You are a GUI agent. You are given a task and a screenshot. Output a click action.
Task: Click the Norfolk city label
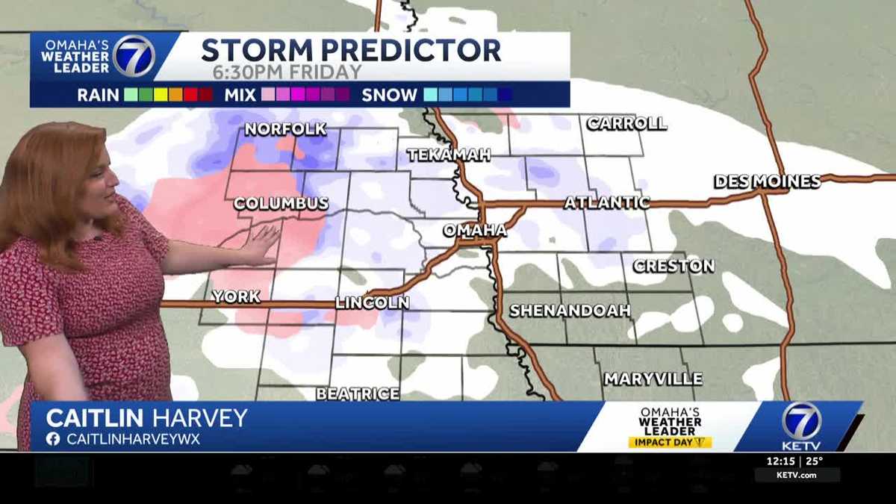[285, 129]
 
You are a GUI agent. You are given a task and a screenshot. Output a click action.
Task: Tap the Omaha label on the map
[475, 230]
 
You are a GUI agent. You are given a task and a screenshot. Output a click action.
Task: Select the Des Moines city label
[767, 181]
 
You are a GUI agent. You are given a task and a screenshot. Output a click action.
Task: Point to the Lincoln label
[372, 302]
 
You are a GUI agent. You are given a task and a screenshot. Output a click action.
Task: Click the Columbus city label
[281, 203]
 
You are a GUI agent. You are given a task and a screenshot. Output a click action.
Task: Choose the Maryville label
[653, 379]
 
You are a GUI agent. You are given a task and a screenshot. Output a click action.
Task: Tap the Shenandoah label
[570, 311]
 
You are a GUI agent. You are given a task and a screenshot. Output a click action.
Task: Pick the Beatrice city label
[357, 393]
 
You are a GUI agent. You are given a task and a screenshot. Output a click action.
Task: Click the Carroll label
[626, 124]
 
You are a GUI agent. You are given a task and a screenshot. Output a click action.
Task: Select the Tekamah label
[449, 155]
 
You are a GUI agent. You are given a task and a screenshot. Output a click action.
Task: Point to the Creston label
[673, 266]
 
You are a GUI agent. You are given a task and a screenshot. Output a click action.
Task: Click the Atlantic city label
[606, 202]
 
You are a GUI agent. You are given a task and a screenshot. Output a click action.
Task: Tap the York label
[236, 296]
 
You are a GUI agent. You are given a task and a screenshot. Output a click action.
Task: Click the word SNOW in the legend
[389, 95]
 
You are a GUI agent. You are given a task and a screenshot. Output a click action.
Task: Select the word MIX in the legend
[240, 95]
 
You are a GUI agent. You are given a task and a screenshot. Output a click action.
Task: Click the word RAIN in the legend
[98, 95]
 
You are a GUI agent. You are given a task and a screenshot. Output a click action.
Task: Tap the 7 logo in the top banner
[134, 55]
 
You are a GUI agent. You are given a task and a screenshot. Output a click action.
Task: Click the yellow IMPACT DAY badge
[670, 442]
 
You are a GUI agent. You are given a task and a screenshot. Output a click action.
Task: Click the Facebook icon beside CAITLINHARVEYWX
[52, 439]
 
